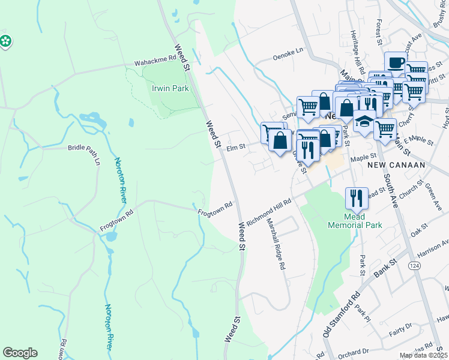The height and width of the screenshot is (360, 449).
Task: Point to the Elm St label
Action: click(236, 146)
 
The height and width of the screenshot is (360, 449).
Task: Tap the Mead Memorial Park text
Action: click(355, 221)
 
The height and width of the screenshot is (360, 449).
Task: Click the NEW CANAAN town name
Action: click(396, 164)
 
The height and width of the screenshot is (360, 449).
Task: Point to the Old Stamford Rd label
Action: click(341, 314)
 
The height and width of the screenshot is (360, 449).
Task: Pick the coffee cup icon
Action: click(396, 62)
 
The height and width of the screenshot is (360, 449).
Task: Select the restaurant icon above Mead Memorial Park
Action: click(357, 197)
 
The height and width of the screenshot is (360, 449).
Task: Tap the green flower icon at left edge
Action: click(5, 41)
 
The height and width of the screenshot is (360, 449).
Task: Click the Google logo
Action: click(20, 353)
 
